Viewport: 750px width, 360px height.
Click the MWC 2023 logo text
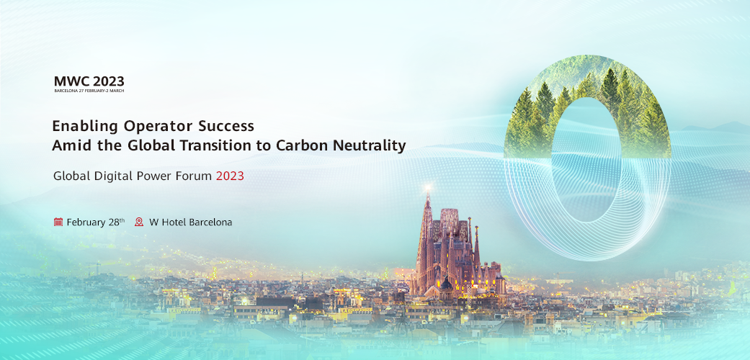click(x=89, y=81)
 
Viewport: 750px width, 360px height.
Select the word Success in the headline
click(x=226, y=126)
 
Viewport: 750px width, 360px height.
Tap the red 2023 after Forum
click(x=230, y=176)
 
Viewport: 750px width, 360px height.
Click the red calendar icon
click(x=58, y=222)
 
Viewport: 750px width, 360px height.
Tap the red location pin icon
click(x=139, y=222)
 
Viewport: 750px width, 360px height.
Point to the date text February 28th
click(x=96, y=222)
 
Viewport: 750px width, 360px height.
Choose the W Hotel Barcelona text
click(x=191, y=222)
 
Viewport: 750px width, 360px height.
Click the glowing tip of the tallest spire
click(x=428, y=187)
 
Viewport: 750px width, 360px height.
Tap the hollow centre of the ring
click(x=587, y=160)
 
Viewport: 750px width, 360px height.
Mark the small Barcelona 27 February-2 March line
click(x=89, y=90)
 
